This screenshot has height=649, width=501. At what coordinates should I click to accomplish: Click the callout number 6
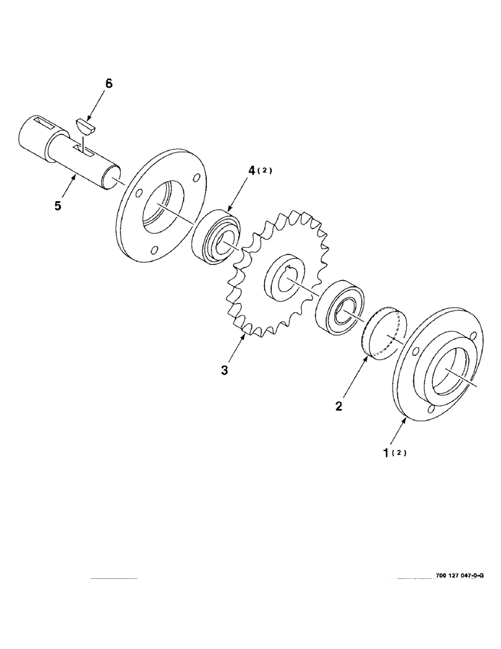108,84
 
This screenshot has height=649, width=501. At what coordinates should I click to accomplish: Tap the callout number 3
224,371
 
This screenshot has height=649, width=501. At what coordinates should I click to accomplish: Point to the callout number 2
339,407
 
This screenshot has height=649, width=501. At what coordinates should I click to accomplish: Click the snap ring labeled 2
384,331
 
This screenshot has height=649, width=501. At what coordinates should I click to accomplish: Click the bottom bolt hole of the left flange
153,249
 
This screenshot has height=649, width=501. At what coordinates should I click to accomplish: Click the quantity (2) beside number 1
400,453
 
